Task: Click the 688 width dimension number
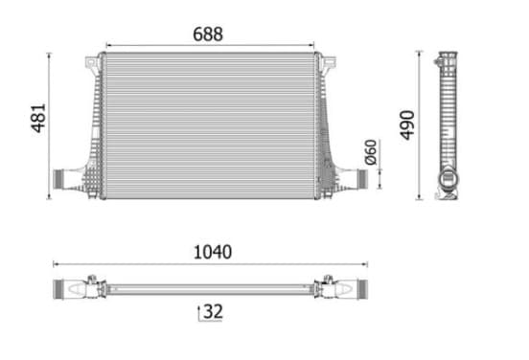208,34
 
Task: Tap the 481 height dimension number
38,118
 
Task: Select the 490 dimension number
407,124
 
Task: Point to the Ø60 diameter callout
371,152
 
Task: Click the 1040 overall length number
213,252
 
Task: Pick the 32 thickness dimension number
213,311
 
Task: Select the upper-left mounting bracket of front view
92,65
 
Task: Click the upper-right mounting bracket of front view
328,65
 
